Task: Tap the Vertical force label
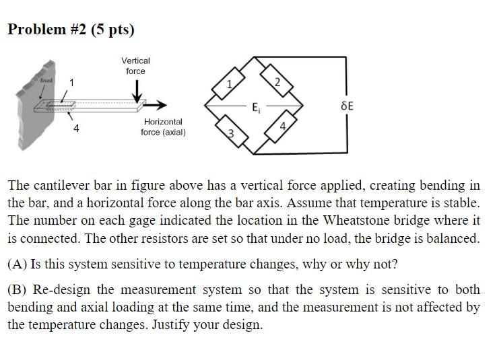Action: tap(135, 65)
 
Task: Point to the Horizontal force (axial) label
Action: tap(163, 127)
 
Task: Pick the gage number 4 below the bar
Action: tap(76, 128)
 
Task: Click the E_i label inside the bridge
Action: tap(255, 107)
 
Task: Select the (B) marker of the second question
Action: tap(17, 290)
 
